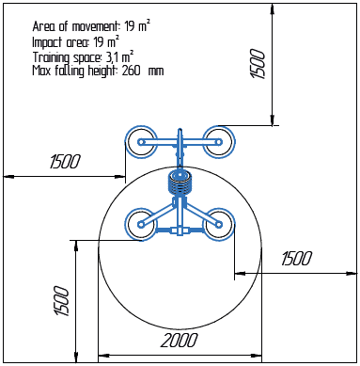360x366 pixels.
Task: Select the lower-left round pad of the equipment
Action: (141, 223)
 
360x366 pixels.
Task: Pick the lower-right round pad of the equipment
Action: (220, 223)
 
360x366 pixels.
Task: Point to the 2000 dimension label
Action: (179, 340)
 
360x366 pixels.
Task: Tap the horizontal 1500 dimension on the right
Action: (295, 258)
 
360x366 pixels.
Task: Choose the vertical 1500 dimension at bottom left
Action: (61, 301)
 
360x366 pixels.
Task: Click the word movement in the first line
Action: (92, 25)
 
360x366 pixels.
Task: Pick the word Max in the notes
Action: (41, 71)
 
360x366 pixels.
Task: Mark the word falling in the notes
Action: (70, 71)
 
